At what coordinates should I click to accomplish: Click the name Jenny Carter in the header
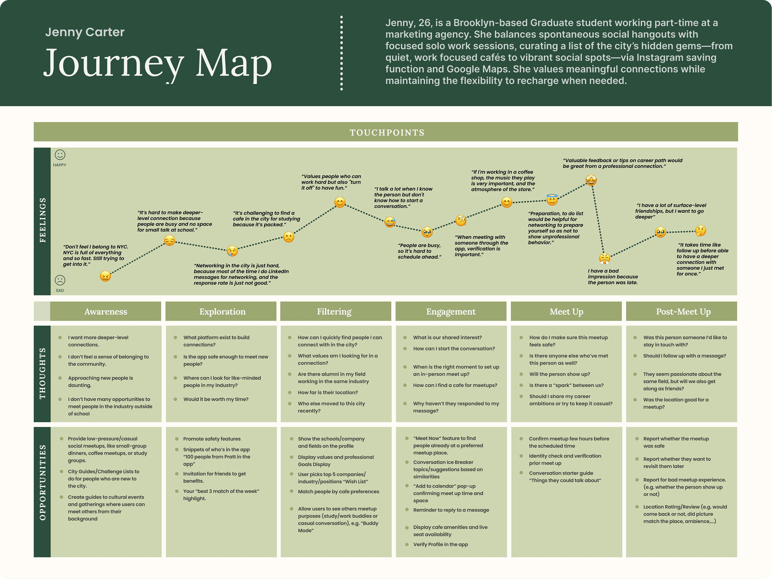[85, 32]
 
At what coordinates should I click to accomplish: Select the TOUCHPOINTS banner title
[387, 133]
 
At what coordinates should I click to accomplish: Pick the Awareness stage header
[106, 311]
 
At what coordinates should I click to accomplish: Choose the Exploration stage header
[222, 311]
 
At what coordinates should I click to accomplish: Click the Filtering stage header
[334, 311]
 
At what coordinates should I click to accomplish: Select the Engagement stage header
[451, 311]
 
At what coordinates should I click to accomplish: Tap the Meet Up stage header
[566, 311]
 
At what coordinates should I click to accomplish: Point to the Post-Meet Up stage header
[683, 311]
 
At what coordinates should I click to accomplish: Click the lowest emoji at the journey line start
[105, 276]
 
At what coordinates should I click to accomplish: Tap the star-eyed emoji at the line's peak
[591, 180]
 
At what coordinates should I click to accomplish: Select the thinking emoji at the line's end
[700, 230]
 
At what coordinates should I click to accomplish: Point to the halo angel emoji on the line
[552, 200]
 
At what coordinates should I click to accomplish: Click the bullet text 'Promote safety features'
[211, 439]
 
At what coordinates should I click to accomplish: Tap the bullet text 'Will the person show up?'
[559, 374]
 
